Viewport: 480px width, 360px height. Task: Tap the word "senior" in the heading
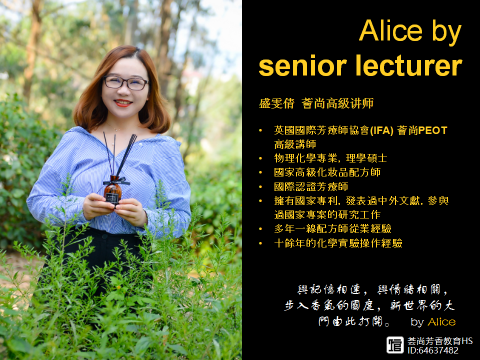[x=302, y=65]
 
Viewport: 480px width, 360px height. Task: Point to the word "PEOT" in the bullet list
[x=433, y=130]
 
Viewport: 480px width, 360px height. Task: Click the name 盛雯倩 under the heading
[x=276, y=103]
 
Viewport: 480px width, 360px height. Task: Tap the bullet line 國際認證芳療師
[x=311, y=186]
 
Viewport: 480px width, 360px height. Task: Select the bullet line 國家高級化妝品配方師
[x=327, y=172]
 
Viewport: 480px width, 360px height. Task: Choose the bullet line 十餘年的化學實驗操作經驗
[x=338, y=243]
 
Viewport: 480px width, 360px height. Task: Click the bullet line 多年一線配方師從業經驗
[x=333, y=228]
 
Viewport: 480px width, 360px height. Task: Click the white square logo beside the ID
[x=395, y=345]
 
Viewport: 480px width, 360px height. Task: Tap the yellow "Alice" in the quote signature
[x=441, y=321]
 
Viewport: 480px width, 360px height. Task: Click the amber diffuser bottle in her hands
[x=113, y=190]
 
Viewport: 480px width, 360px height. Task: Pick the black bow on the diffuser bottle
[x=116, y=181]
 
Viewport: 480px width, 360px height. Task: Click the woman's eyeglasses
[x=125, y=82]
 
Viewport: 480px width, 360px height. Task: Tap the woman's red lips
[x=123, y=103]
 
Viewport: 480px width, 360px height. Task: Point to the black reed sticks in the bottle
[x=119, y=154]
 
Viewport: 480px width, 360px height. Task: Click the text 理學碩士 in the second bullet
[x=366, y=158]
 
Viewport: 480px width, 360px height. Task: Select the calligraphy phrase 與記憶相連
[x=329, y=289]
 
